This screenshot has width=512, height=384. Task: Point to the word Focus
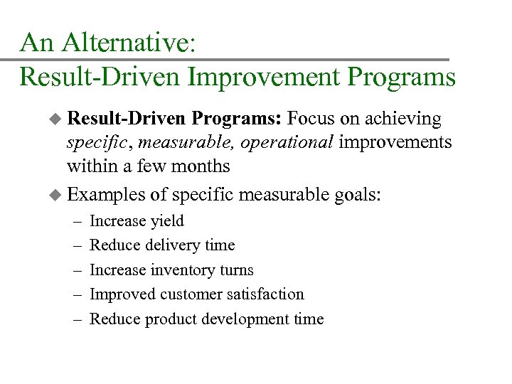[312, 118]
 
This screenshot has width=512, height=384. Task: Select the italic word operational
[287, 142]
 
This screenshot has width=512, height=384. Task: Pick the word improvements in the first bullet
[395, 142]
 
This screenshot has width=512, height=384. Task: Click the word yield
[167, 221]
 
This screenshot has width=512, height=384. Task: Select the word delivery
[170, 245]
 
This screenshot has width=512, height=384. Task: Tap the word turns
[238, 270]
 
